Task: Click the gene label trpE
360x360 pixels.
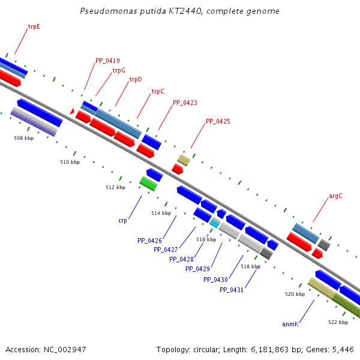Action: coord(34,27)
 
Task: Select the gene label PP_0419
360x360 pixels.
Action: coord(107,61)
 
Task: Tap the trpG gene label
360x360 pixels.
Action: coord(119,70)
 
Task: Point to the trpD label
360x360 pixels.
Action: coord(136,79)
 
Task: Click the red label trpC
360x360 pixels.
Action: coord(158,92)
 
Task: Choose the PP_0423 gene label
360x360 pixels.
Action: coord(185,103)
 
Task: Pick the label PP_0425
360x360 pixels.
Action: coord(218,121)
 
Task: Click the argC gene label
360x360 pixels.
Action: coord(335,196)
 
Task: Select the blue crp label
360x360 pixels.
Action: coord(122,220)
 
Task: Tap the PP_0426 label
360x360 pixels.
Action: coord(149,241)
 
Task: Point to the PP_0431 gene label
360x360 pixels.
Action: coord(232,290)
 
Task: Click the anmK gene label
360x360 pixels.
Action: coord(290,324)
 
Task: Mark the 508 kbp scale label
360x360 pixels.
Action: coord(23,138)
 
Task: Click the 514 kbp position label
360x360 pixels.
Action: coord(161,213)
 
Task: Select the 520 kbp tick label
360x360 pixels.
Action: coord(295,294)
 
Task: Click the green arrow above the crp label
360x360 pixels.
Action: coord(148,183)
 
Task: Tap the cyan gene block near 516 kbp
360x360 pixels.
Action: coord(214,223)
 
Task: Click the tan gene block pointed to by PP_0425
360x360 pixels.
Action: coord(184,160)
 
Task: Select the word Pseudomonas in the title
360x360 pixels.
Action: coord(104,11)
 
